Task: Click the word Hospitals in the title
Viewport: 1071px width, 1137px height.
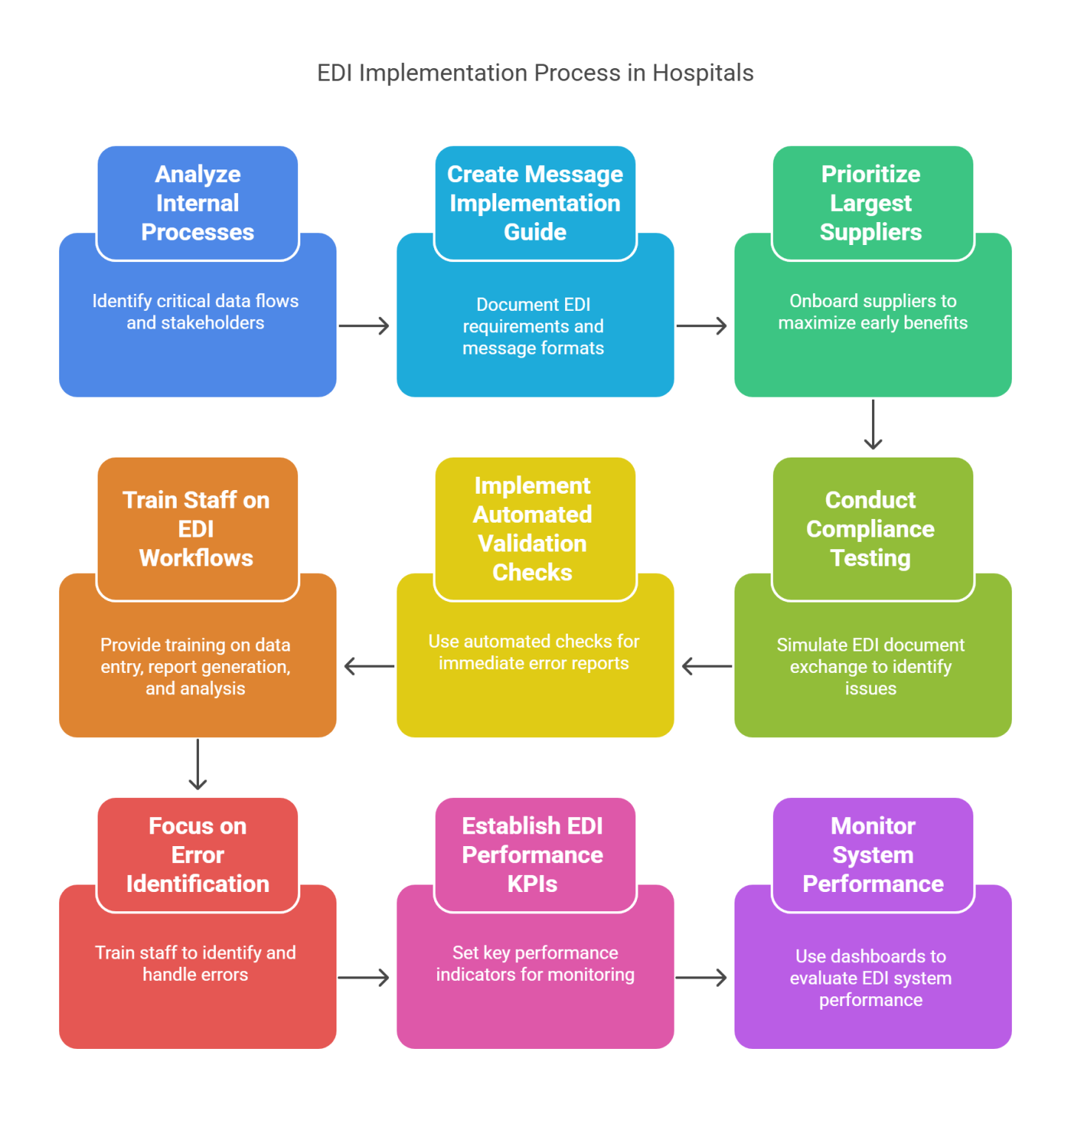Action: coord(703,73)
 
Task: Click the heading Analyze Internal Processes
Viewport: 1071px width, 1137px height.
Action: coord(197,203)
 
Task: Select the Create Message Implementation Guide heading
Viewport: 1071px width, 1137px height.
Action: coord(535,203)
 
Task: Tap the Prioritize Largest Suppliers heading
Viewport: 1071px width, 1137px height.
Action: coord(871,203)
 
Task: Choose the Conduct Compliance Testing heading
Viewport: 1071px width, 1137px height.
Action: coord(871,529)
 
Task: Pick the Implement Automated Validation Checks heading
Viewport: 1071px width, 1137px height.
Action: coord(533,529)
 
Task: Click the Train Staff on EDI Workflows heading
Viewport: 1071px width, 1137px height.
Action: coord(196,529)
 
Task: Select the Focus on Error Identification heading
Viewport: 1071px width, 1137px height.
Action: coord(197,855)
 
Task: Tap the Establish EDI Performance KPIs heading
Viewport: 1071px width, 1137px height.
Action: coord(533,855)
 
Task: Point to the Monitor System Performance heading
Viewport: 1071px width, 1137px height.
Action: coord(873,855)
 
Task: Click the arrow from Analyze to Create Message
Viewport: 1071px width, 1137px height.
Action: coord(364,326)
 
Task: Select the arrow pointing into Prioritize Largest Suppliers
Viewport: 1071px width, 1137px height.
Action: coord(702,326)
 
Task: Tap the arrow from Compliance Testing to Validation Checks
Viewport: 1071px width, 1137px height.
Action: coord(706,666)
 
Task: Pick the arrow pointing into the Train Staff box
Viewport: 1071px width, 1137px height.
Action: coord(368,666)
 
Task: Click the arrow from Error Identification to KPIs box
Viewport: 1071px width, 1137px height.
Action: coord(364,978)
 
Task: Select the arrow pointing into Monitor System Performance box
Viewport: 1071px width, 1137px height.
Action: coord(702,978)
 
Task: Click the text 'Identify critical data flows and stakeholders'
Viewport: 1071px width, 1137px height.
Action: coord(195,312)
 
